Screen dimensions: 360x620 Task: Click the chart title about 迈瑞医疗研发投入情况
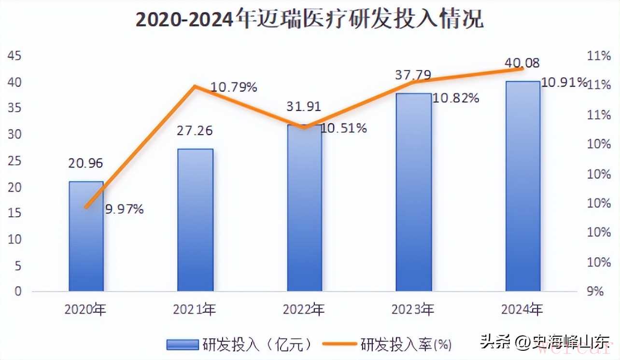click(310, 20)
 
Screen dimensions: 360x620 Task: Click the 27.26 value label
click(195, 131)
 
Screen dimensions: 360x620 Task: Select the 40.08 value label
click(522, 63)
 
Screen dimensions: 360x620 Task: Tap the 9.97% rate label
click(125, 209)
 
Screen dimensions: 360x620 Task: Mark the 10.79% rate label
click(234, 87)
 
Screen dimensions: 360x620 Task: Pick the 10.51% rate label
click(343, 128)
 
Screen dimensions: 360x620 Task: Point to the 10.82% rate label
click(456, 98)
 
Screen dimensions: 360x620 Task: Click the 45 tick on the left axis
click(14, 56)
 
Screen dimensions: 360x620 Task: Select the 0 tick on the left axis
click(17, 291)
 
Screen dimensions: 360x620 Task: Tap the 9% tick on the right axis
click(595, 291)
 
